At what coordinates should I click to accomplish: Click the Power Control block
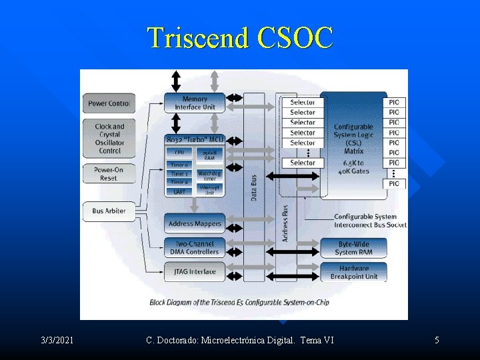[x=109, y=103]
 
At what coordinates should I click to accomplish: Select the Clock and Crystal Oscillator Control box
[x=109, y=139]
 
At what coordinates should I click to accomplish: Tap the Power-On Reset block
[x=109, y=174]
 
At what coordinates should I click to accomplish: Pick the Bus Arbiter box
[x=109, y=211]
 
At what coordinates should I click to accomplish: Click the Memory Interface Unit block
[x=195, y=103]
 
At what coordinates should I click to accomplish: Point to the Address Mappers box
[x=195, y=224]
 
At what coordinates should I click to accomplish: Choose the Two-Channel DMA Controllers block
[x=195, y=248]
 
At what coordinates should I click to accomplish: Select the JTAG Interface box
[x=195, y=271]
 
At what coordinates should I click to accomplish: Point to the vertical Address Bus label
[x=285, y=223]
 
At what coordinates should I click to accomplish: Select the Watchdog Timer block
[x=209, y=176]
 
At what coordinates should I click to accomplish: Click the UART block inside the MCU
[x=179, y=192]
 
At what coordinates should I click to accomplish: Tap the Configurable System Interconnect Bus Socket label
[x=369, y=221]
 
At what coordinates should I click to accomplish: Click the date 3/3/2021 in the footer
[x=57, y=341]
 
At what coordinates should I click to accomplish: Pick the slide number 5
[x=437, y=341]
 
